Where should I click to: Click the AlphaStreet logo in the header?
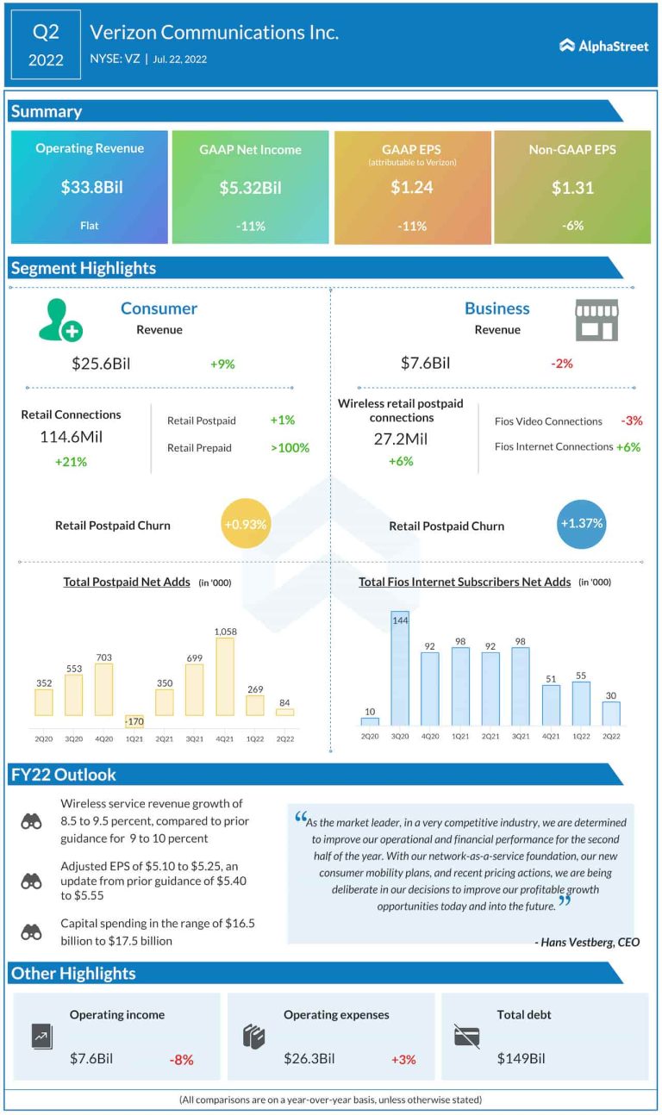point(603,46)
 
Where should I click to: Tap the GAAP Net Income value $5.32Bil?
point(250,187)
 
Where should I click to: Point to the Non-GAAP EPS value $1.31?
point(572,187)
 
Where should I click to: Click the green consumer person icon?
point(60,320)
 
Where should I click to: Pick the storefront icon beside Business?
point(596,320)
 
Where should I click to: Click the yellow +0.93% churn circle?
point(247,524)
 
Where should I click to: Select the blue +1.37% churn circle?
point(582,523)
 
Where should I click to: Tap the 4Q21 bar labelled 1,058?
point(225,676)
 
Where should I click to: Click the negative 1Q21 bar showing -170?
point(134,721)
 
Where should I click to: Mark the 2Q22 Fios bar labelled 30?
point(610,713)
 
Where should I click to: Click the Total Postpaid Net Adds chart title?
point(127,582)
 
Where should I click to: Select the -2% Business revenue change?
point(562,364)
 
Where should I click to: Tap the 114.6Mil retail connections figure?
point(71,437)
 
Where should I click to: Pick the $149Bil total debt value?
point(521,1058)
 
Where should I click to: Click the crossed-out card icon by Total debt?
point(466,1036)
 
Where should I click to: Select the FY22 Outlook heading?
point(63,774)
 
